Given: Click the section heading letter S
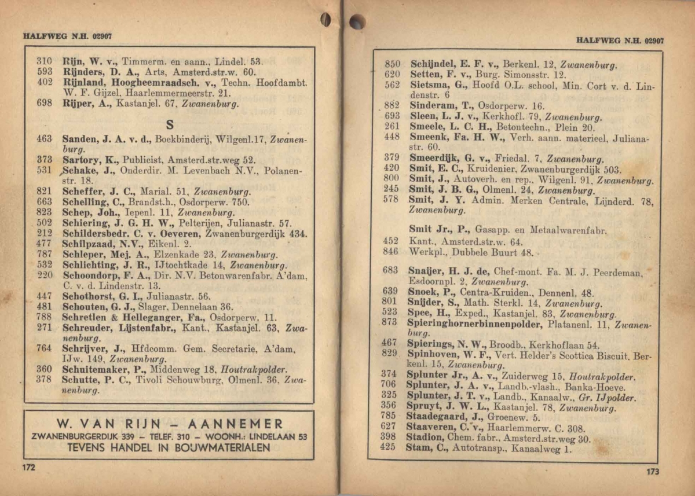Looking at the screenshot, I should click(x=170, y=124).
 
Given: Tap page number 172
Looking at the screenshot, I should click(x=29, y=467).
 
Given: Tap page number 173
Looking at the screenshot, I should click(x=653, y=472).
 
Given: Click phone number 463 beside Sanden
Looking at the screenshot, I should click(x=45, y=139).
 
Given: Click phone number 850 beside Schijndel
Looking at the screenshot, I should click(x=393, y=64).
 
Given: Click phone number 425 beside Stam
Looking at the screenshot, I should click(x=388, y=447).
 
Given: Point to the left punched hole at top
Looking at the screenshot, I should click(x=326, y=20).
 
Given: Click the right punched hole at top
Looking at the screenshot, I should click(x=357, y=22).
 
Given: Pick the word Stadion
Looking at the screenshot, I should click(x=426, y=437).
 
